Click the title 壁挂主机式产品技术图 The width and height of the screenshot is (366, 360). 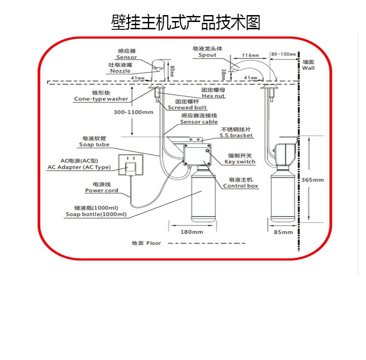point(186,22)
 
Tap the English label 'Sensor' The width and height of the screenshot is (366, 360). point(126,57)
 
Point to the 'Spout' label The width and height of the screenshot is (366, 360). point(207,55)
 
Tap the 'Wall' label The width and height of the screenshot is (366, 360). point(308,68)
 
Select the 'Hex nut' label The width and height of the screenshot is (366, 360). point(213,96)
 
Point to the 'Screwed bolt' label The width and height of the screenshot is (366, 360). point(187,107)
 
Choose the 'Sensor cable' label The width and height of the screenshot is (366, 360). point(199,122)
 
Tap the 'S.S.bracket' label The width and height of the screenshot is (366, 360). point(236,135)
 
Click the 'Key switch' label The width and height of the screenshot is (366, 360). point(240,161)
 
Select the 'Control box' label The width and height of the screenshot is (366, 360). point(241,186)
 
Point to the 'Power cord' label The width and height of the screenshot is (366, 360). point(102,190)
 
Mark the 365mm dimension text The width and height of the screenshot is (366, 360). point(312,180)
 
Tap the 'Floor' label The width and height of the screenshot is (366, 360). point(154,243)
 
